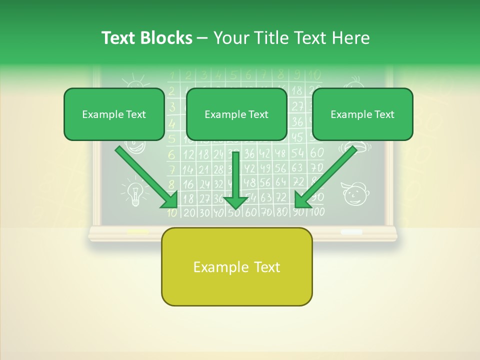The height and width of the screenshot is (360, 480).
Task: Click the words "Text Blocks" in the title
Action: (146, 38)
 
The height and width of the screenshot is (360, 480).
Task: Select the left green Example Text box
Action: (114, 114)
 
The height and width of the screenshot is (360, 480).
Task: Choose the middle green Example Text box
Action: (236, 114)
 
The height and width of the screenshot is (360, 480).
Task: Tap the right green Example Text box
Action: (362, 114)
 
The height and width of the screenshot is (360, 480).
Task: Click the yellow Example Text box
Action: (236, 267)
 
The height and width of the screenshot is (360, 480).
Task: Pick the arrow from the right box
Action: (325, 177)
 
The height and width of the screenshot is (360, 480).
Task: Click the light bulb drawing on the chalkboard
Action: (134, 194)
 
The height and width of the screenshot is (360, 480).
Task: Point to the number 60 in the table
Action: (316, 153)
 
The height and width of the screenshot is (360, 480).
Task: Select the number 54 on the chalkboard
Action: (297, 153)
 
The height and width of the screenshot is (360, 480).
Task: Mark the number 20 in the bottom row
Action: (189, 212)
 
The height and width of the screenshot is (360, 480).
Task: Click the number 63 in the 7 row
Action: (297, 167)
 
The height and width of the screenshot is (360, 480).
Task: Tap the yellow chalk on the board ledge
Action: (137, 231)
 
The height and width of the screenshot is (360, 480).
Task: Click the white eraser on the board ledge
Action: (351, 232)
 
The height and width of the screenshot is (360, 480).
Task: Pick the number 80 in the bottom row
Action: (282, 211)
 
